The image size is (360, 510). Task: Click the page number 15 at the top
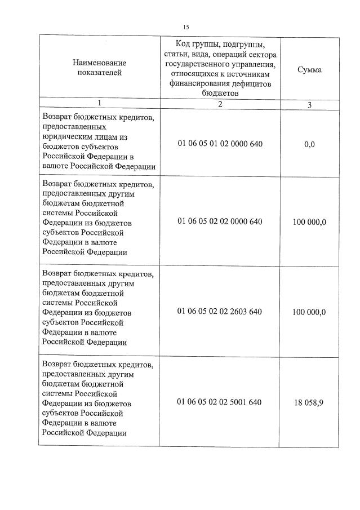(186, 26)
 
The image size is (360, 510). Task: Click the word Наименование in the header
(99, 63)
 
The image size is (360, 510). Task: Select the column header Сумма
(309, 70)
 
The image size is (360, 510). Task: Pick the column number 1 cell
(99, 103)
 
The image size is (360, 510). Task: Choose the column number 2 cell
(220, 104)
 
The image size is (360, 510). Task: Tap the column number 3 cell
(309, 105)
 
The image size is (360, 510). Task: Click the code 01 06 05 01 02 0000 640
(219, 144)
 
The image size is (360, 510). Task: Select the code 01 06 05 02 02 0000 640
(219, 221)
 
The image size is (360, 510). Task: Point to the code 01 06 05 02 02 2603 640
(219, 312)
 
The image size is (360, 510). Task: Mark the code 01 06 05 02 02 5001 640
(219, 402)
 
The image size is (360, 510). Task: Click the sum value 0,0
(309, 145)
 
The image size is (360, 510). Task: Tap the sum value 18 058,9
(309, 402)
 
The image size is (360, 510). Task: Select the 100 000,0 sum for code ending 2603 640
(309, 312)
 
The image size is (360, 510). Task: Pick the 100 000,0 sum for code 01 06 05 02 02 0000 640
(309, 222)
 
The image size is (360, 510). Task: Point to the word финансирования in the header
(198, 84)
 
